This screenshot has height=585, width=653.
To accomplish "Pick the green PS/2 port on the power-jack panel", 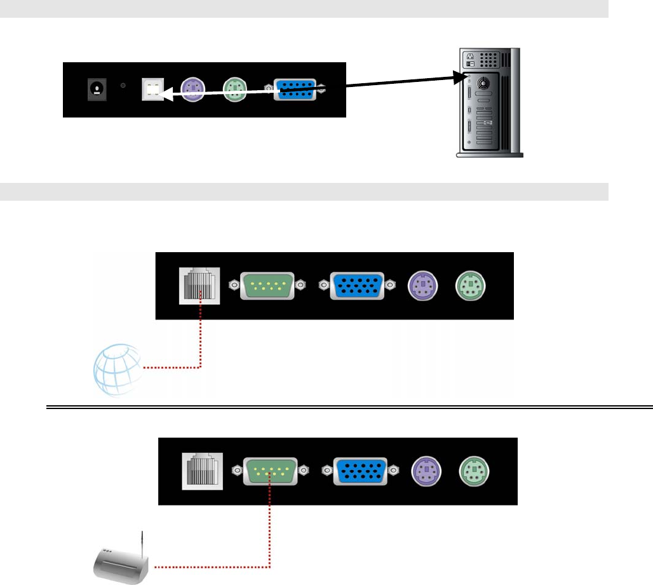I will [234, 88].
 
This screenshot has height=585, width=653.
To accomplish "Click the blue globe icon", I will [118, 370].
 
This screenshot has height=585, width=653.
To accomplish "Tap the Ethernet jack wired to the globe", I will [199, 284].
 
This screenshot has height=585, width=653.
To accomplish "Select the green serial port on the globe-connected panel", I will [267, 285].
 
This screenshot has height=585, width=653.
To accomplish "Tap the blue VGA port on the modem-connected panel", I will [360, 471].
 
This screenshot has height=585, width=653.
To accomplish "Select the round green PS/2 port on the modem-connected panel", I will [474, 471].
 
